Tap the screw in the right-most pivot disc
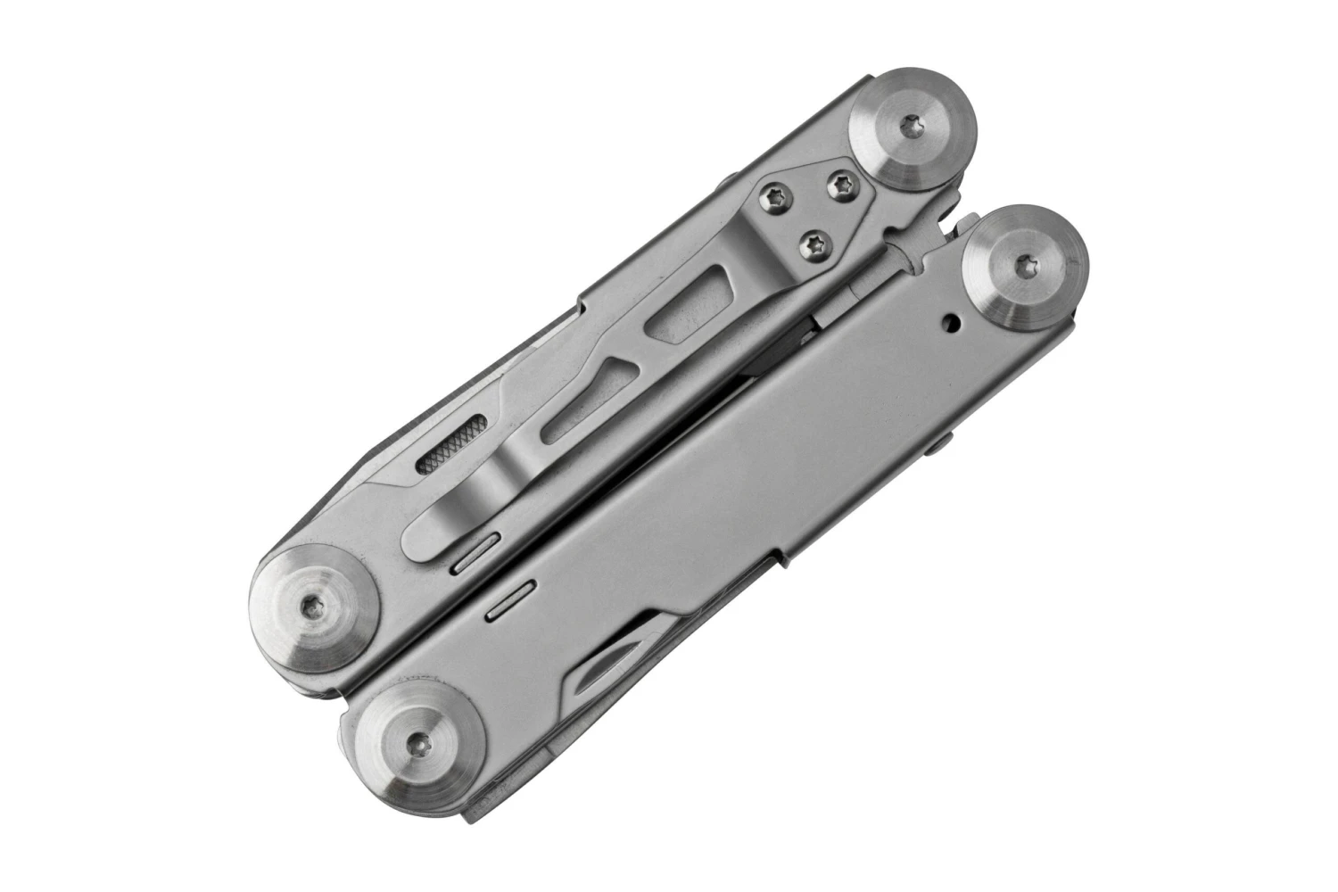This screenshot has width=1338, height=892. [1026, 264]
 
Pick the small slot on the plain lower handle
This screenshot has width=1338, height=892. [508, 600]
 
